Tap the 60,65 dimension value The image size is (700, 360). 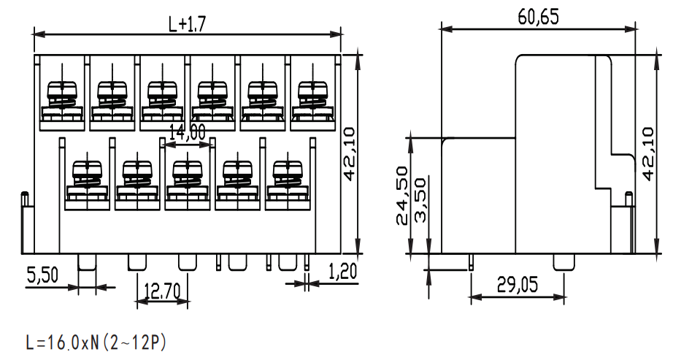tap(538, 17)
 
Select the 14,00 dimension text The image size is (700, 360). tap(188, 133)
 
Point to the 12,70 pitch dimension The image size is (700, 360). tap(162, 291)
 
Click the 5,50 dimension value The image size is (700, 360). tap(42, 275)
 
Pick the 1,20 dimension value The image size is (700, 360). tap(343, 272)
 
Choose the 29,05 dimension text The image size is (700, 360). tap(518, 285)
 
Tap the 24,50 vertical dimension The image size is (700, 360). tap(401, 196)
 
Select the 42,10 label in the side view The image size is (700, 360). tap(647, 153)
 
